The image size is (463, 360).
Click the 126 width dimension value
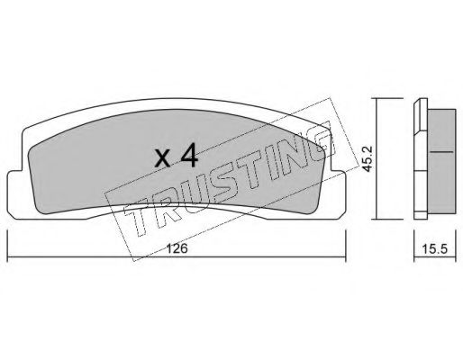[177, 248]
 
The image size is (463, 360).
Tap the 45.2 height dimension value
[367, 158]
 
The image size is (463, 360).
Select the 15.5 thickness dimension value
[435, 248]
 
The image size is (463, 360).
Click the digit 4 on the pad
[189, 155]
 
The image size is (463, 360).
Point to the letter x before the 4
[163, 158]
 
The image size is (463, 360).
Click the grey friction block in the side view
[441, 161]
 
